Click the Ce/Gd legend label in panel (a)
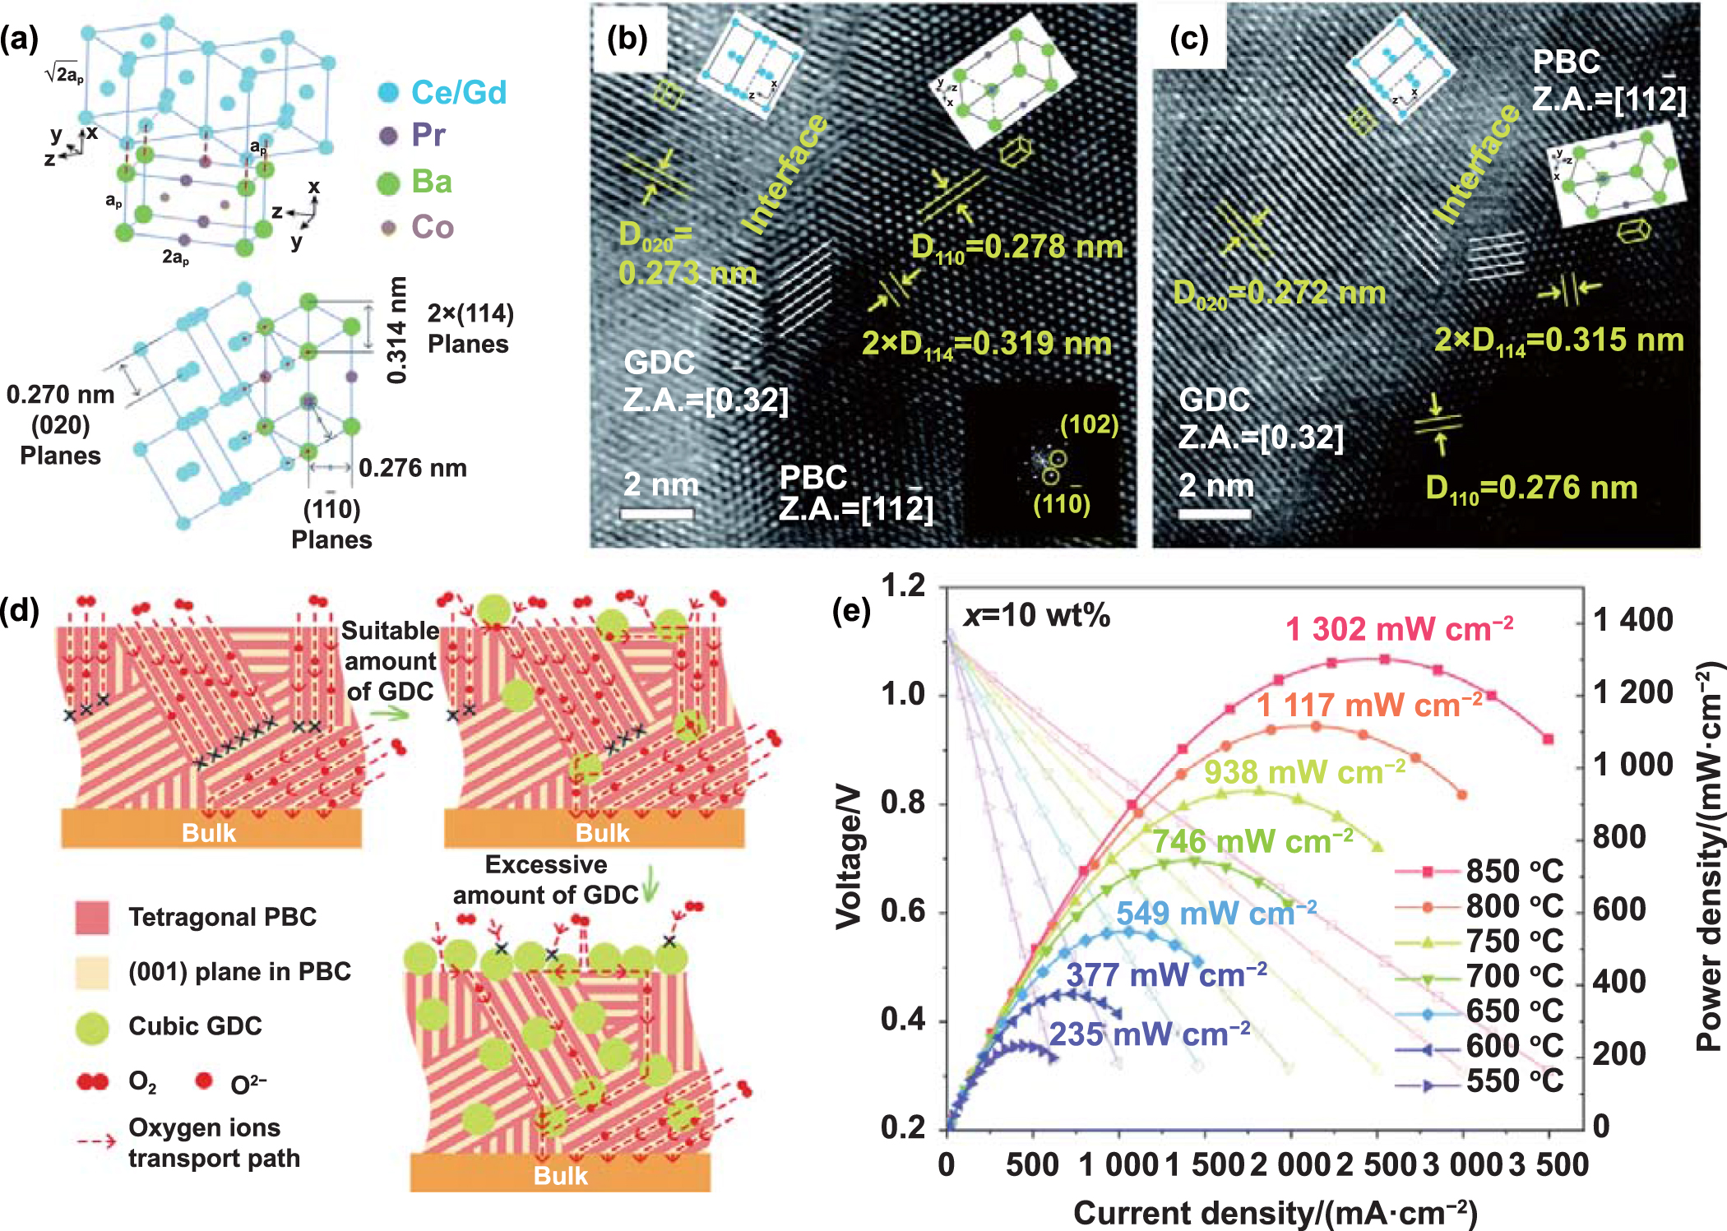458,92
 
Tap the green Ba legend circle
388,183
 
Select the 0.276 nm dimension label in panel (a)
412,468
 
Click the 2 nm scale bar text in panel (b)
660,484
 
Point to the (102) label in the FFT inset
1089,424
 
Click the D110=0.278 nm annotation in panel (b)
1016,248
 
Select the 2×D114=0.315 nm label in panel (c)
1558,340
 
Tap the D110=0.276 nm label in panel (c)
1530,488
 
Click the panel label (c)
1188,38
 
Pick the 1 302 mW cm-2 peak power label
1398,629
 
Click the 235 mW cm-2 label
1149,1034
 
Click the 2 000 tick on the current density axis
1289,1164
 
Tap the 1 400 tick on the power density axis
1632,619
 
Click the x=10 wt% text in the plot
1038,615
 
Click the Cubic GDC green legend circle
92,1028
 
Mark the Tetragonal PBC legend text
222,917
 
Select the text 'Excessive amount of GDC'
545,879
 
